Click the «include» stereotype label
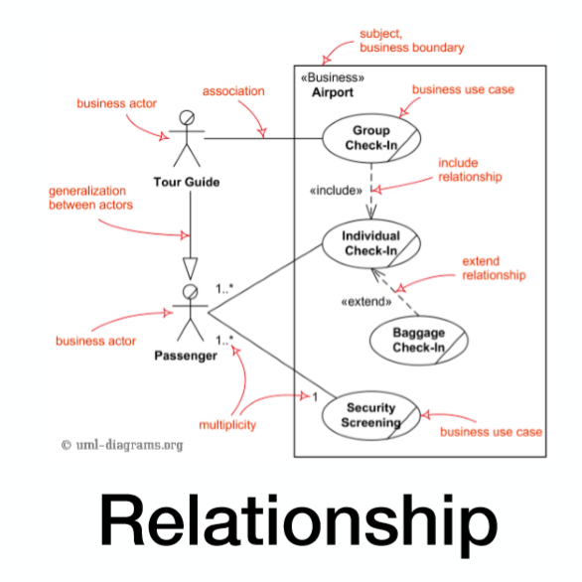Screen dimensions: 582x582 coord(336,191)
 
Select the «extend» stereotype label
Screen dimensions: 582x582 coord(366,301)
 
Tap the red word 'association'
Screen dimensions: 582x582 coord(233,91)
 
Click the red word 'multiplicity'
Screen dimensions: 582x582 coord(227,425)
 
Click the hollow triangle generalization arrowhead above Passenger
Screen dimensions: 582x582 coord(191,268)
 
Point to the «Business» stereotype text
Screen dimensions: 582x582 coord(333,77)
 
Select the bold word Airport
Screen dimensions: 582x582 coord(333,92)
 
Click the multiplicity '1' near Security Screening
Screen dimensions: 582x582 coord(315,397)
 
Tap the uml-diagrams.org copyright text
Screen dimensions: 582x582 coord(122,445)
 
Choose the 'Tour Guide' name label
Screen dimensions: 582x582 coord(187,182)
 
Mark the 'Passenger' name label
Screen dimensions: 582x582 coord(186,356)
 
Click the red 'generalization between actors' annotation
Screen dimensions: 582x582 coord(91,198)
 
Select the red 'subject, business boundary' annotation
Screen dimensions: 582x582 coord(412,41)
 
